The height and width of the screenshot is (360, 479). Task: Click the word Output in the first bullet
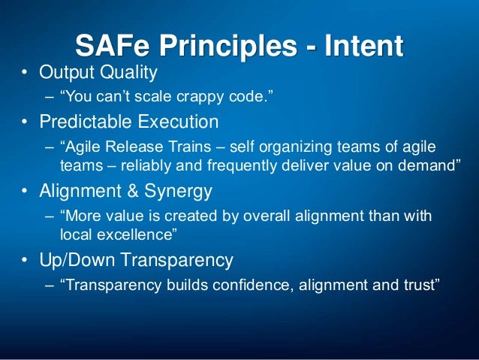pyautogui.click(x=66, y=73)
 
